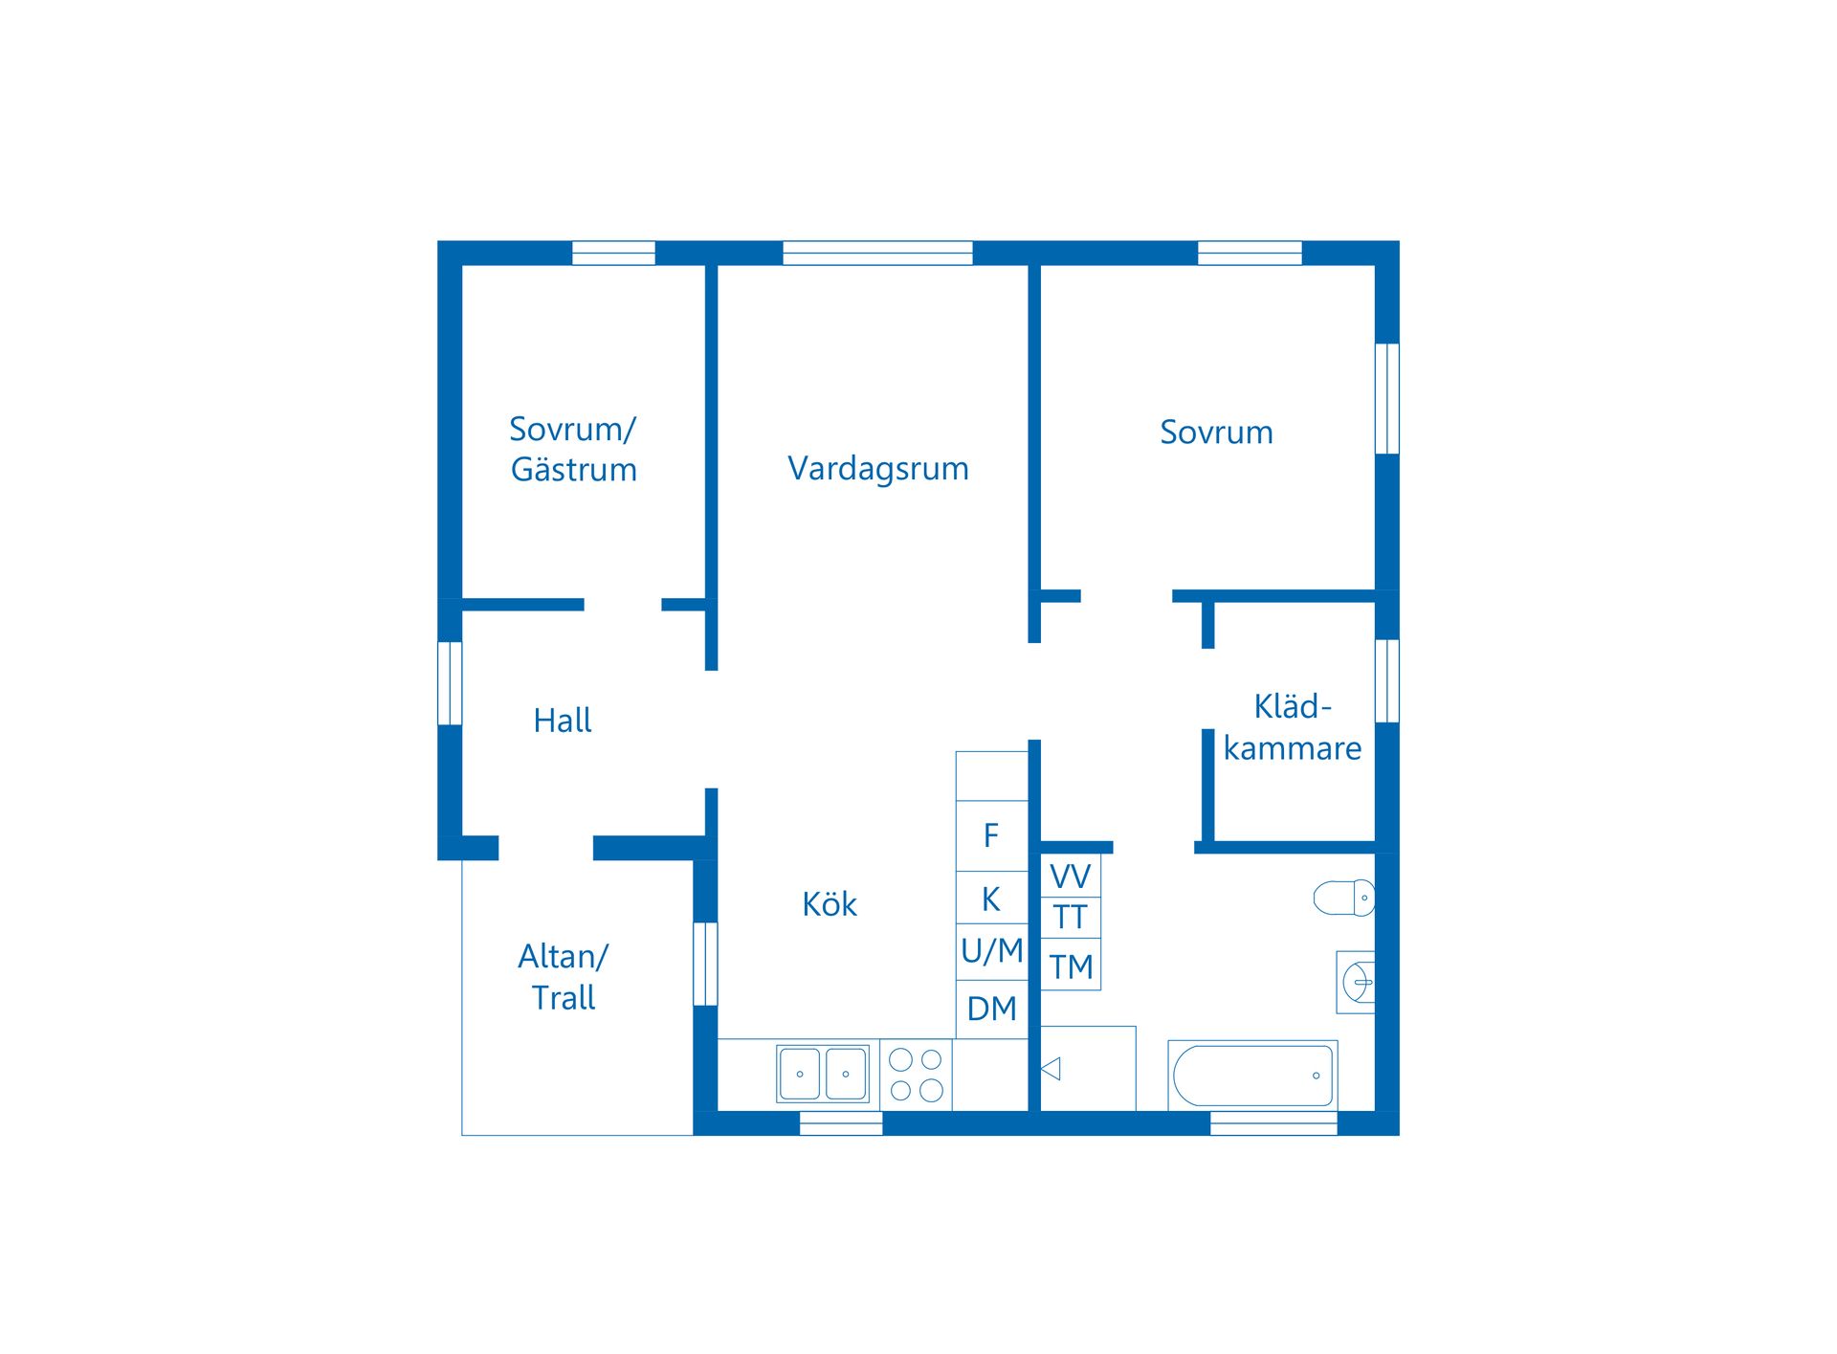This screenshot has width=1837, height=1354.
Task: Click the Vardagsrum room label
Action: [x=878, y=469]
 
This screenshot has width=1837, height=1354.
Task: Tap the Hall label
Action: [x=563, y=721]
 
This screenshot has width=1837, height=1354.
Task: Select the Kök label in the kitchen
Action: [x=830, y=904]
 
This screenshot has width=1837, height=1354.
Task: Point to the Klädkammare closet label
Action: [x=1293, y=727]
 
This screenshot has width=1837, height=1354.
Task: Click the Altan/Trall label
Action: [x=564, y=977]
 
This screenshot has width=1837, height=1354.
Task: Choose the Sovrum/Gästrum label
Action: [x=573, y=449]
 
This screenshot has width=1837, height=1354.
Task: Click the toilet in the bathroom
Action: [x=1344, y=898]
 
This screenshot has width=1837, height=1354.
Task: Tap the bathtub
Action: [x=1252, y=1076]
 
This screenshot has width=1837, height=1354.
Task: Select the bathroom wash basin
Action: [x=1356, y=982]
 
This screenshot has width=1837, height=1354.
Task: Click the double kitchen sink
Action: [x=823, y=1074]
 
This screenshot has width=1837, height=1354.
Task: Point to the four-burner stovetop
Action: [x=917, y=1075]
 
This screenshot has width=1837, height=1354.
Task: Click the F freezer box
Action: [x=992, y=835]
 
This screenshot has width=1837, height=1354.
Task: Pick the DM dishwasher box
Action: [x=992, y=1009]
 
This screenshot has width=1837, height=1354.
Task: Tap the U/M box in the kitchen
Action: [x=992, y=951]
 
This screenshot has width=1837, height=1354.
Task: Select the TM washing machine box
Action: [x=1071, y=966]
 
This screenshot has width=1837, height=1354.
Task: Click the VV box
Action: [x=1071, y=876]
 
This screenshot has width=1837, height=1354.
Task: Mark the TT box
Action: [x=1071, y=918]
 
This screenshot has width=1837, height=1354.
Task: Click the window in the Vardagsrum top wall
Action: [x=877, y=253]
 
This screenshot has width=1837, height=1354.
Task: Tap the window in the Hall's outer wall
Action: [x=450, y=683]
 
